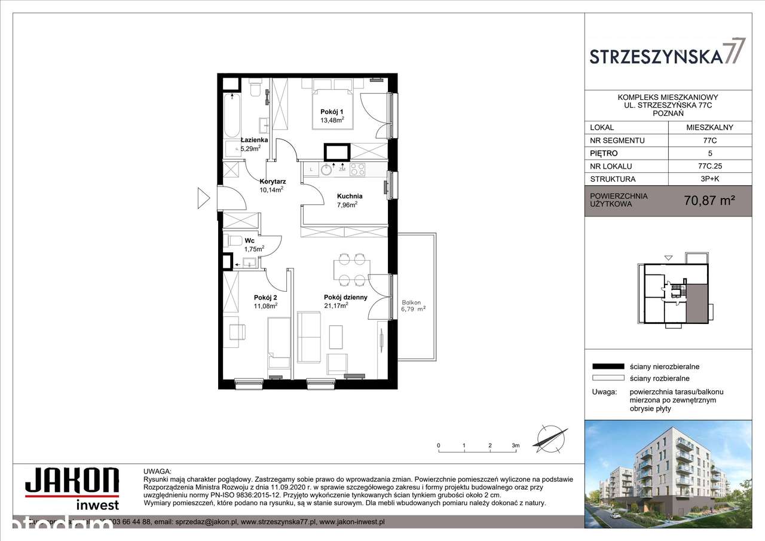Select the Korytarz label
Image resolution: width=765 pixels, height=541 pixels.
pos(272,181)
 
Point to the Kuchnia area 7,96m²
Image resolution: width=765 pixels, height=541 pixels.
pos(347,204)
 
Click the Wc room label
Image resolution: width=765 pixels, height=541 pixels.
pos(249,241)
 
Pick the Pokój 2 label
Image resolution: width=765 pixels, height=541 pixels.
pos(265,297)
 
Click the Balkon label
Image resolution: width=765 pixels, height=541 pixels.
pos(412,302)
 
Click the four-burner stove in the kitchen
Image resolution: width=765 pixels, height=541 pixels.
pos(357,169)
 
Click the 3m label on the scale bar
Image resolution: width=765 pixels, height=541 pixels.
pos(515,445)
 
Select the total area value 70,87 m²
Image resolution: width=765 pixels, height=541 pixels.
pos(709,201)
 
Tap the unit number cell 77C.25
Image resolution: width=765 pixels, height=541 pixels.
pos(709,166)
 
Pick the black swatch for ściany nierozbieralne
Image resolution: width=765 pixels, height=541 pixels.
pos(607,366)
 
